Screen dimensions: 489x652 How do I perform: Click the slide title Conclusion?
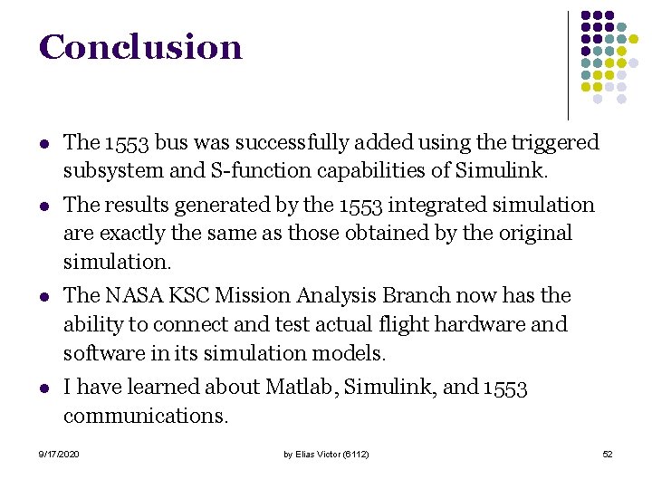tap(140, 47)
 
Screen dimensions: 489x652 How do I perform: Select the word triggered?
tap(555, 142)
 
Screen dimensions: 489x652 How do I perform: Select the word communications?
tap(146, 416)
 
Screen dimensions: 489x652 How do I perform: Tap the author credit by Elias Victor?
tap(325, 453)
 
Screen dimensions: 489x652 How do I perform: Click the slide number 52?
tap(607, 453)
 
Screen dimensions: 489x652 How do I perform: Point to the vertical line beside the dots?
tap(568, 63)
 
